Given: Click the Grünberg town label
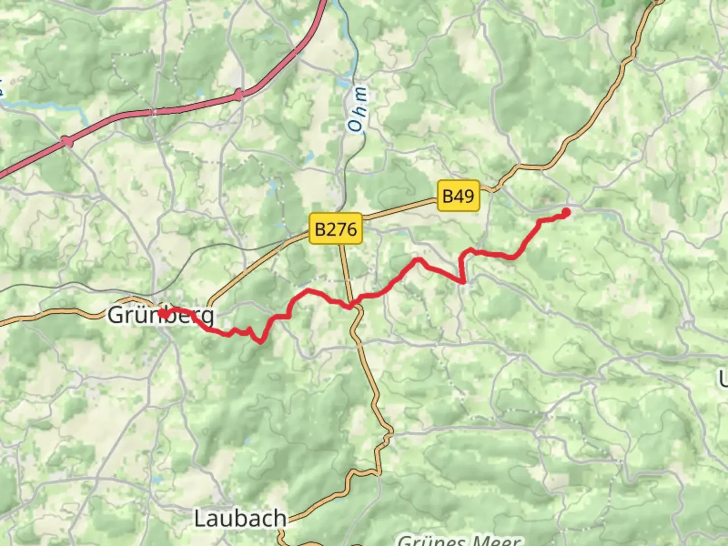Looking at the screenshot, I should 161,315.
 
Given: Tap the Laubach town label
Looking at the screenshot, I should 240,519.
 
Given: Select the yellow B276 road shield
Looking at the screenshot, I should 336,229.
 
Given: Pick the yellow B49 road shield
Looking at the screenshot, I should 458,196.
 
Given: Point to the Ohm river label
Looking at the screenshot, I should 358,110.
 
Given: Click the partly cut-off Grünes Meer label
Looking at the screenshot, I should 459,540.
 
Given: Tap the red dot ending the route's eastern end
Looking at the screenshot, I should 566,212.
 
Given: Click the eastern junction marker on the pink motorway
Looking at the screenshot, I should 239,94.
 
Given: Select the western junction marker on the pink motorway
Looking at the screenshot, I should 67,142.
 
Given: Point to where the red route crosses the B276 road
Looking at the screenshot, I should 350,306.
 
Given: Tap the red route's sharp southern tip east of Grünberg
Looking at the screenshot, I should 260,342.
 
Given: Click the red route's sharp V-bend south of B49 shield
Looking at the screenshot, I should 462,281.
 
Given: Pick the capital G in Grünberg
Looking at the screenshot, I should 116,315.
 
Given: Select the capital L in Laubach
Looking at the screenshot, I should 200,519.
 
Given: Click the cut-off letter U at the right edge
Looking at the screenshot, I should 723,379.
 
